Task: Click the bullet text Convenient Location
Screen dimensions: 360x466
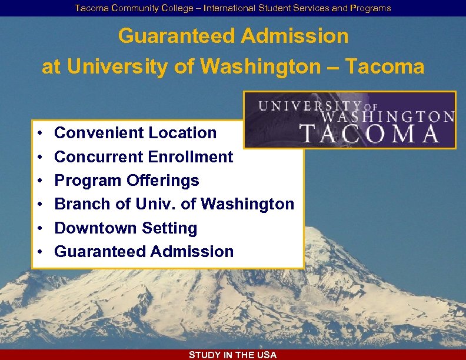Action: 135,133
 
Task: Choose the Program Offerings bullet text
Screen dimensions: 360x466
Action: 127,181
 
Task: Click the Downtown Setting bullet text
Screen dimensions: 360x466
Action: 125,228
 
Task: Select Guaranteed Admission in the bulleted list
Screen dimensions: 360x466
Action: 144,252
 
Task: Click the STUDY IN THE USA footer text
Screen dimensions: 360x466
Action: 232,355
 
